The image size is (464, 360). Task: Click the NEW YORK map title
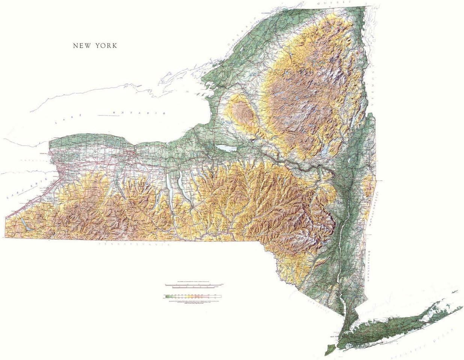tap(95, 46)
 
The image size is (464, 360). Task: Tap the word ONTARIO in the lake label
tap(139, 113)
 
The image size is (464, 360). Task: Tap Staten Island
tap(328, 349)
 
